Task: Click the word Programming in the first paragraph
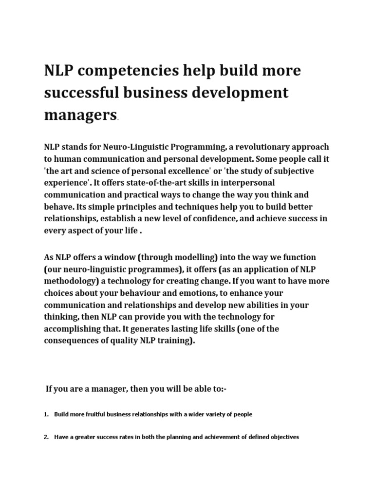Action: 198,147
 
